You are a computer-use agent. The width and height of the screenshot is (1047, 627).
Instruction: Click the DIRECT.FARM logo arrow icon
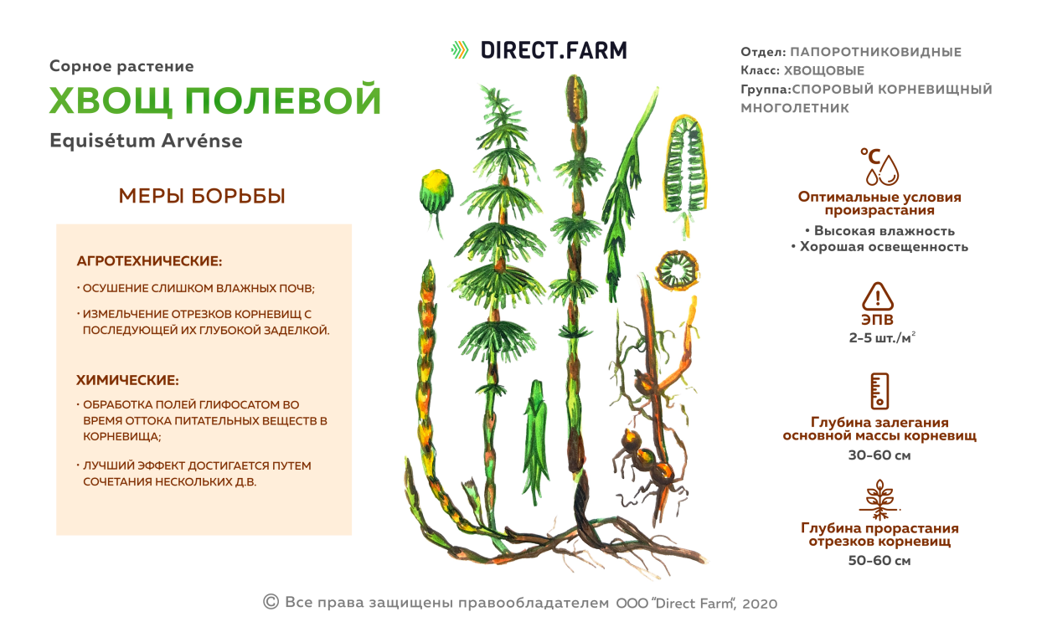[x=459, y=50]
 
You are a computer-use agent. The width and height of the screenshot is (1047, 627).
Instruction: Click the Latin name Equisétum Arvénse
[x=146, y=141]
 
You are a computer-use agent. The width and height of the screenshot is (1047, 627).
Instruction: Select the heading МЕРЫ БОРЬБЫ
[x=202, y=196]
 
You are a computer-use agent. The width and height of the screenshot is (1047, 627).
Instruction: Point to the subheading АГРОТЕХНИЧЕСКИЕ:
[x=149, y=261]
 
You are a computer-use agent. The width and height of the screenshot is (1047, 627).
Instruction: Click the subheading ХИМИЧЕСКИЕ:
[x=127, y=380]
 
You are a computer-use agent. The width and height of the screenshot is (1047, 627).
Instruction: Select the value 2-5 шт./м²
[x=879, y=338]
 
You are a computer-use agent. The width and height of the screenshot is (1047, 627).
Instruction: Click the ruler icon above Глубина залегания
[x=879, y=391]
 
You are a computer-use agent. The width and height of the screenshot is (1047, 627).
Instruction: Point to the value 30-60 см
[x=879, y=455]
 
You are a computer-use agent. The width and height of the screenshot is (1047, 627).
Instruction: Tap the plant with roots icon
[x=879, y=499]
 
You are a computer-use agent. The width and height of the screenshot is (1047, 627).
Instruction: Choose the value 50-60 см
[x=879, y=561]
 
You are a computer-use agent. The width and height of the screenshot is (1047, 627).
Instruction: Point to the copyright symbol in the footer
[x=271, y=601]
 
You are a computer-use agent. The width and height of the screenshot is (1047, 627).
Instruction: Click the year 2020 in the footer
[x=760, y=604]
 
